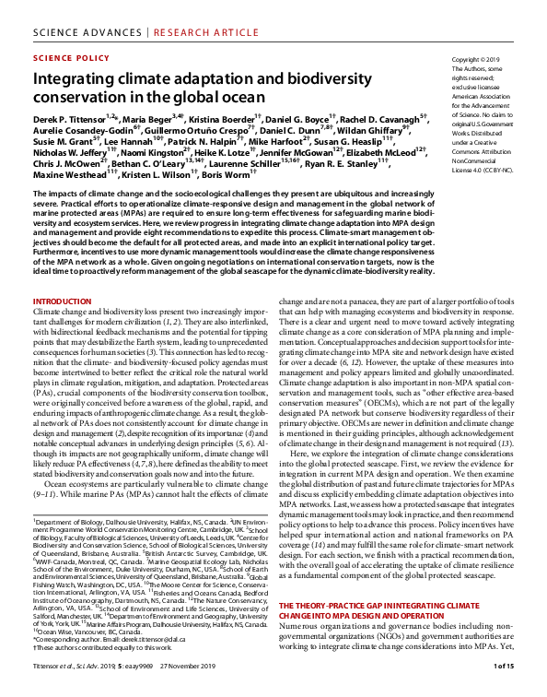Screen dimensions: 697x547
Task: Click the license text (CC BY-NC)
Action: point(480,170)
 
